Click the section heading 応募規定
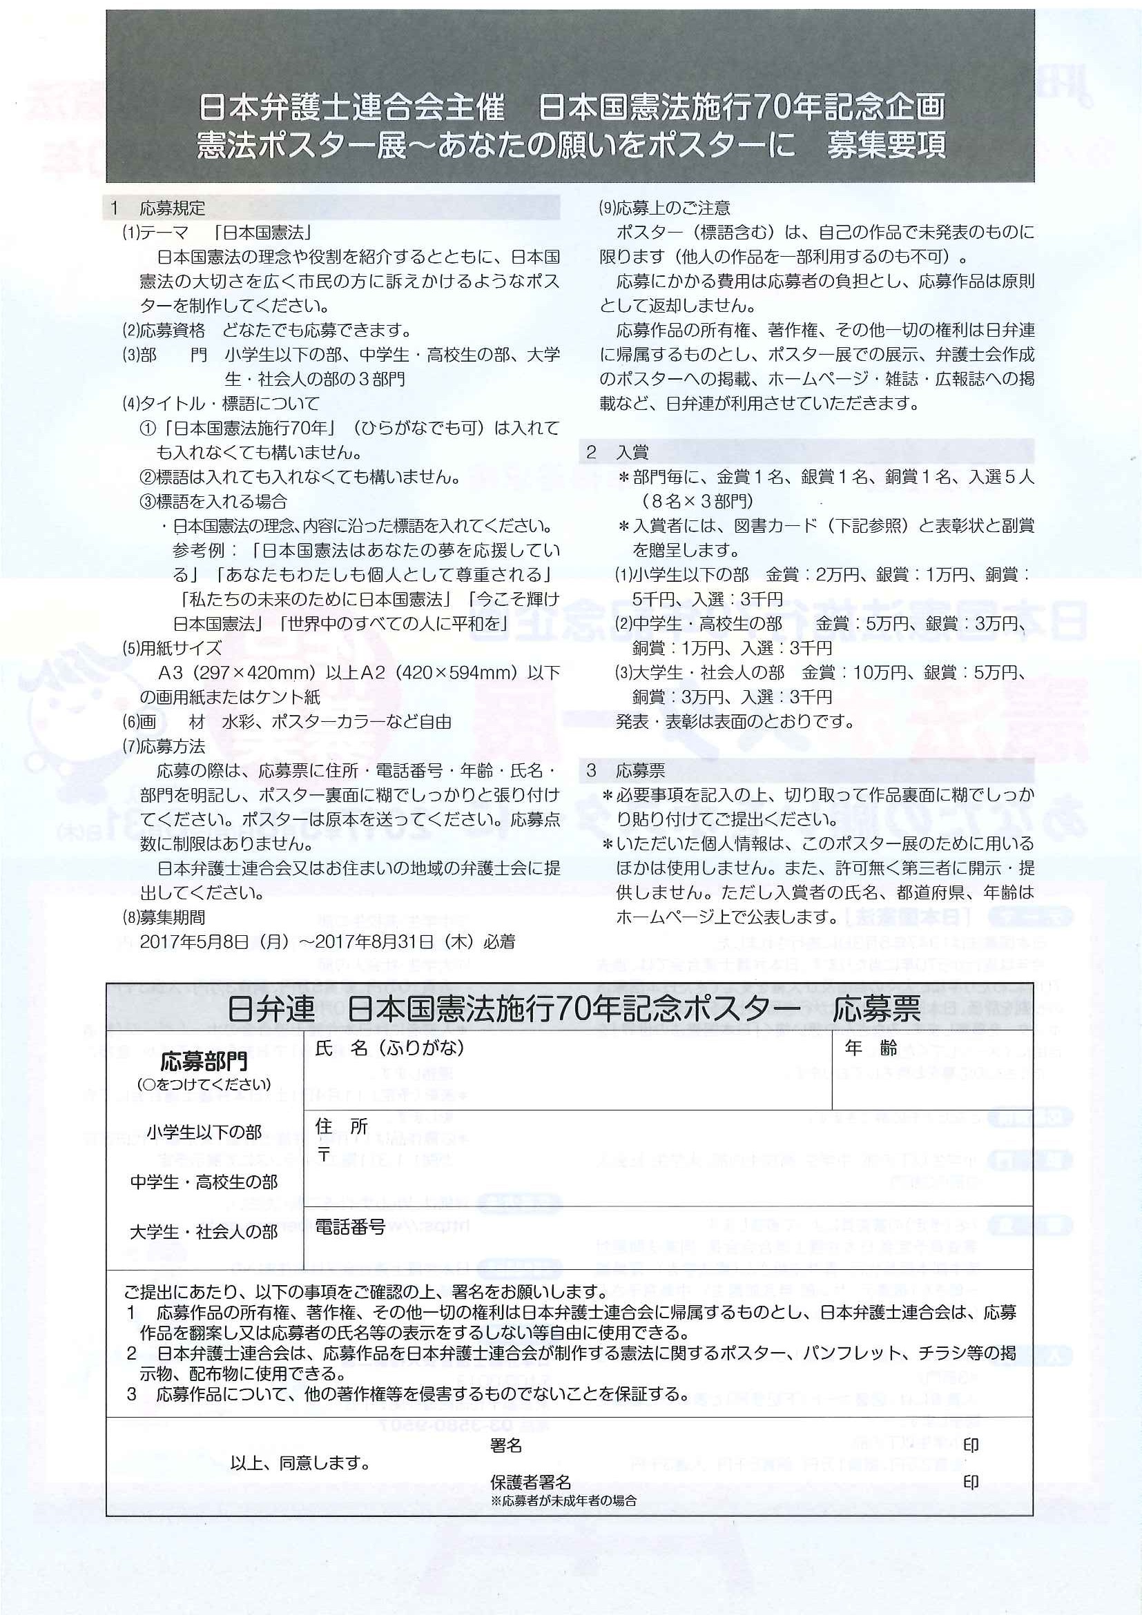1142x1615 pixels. [172, 208]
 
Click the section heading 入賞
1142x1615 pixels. [632, 451]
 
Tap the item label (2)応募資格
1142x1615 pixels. [164, 330]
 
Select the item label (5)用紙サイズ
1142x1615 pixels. [172, 648]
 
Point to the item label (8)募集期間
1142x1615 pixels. [164, 917]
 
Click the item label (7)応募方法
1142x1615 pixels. [164, 746]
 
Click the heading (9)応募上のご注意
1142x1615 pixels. [664, 208]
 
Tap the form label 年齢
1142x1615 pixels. [871, 1049]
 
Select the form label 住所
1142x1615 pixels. [341, 1126]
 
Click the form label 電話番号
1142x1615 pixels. [349, 1227]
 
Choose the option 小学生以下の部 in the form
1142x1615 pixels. [204, 1133]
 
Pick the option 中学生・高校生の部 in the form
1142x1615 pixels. [204, 1182]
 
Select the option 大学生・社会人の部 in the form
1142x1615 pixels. [204, 1232]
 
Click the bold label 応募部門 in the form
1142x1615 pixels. [204, 1061]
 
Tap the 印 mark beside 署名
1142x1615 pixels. [970, 1445]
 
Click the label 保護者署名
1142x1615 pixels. [530, 1482]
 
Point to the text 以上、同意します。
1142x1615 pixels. [300, 1463]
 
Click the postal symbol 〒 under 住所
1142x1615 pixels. [324, 1154]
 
